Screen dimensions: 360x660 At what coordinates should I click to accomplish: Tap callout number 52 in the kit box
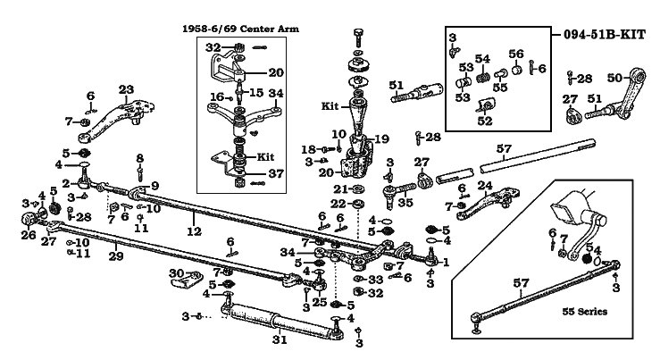[x=486, y=121]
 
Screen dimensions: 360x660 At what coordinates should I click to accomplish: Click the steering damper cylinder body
[x=277, y=319]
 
